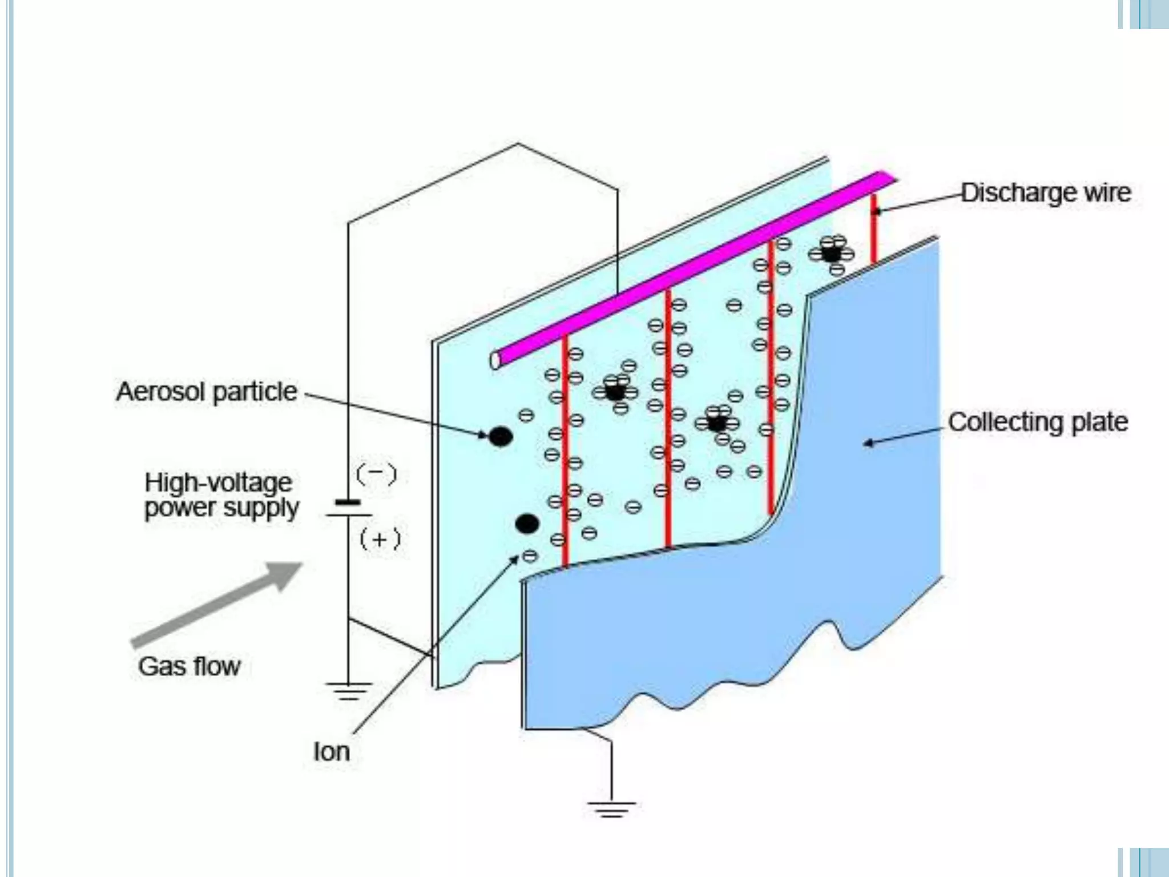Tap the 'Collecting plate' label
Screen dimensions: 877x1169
pos(1038,423)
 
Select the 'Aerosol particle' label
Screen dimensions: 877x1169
pos(207,392)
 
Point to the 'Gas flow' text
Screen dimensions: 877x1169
pos(190,666)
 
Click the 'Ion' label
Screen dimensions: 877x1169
pos(331,751)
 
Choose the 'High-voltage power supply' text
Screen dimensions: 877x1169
pos(221,495)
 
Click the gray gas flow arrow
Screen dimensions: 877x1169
pos(217,605)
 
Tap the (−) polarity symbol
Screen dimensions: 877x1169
pos(376,474)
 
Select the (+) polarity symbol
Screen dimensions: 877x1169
pos(380,540)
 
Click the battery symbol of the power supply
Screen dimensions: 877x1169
pos(348,509)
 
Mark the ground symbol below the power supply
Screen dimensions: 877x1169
pos(348,691)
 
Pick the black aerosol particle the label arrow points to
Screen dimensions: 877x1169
pos(501,437)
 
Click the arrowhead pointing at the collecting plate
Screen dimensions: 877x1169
pos(868,442)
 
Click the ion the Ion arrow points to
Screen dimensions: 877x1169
pos(530,556)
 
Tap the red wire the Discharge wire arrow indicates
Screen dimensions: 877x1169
pos(873,234)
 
